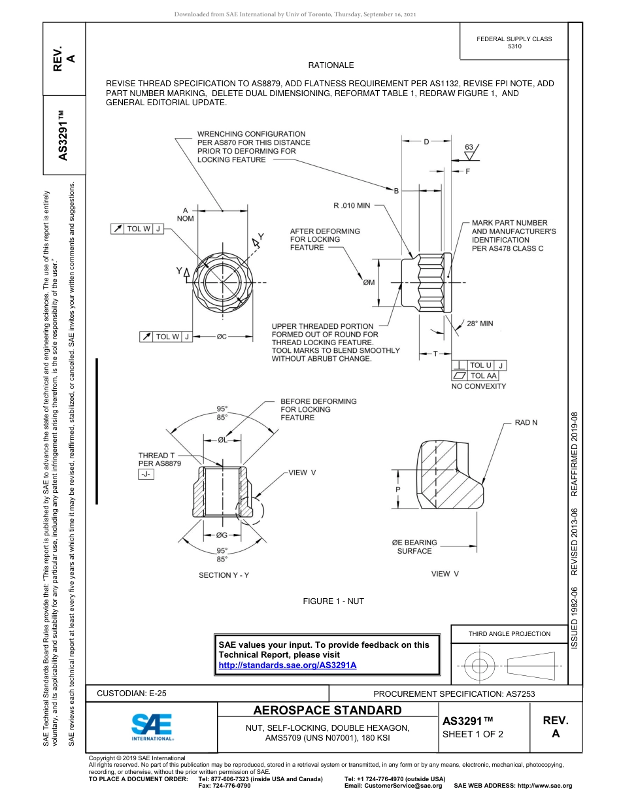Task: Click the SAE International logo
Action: pos(152,726)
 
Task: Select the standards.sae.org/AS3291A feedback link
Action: pos(287,665)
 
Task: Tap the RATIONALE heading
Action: pos(331,65)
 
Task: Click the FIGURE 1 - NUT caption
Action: pos(333,601)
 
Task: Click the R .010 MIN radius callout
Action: pos(352,205)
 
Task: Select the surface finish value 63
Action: pos(469,148)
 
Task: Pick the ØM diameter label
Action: pos(369,282)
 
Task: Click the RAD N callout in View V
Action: pos(526,423)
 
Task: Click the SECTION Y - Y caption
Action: pos(224,575)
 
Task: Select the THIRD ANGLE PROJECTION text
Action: pos(509,633)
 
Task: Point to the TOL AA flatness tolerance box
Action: pos(479,376)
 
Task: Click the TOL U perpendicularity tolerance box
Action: pos(479,365)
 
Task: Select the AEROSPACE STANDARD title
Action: pos(327,711)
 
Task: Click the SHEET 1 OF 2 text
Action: pos(473,733)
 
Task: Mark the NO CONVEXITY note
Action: pos(478,386)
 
